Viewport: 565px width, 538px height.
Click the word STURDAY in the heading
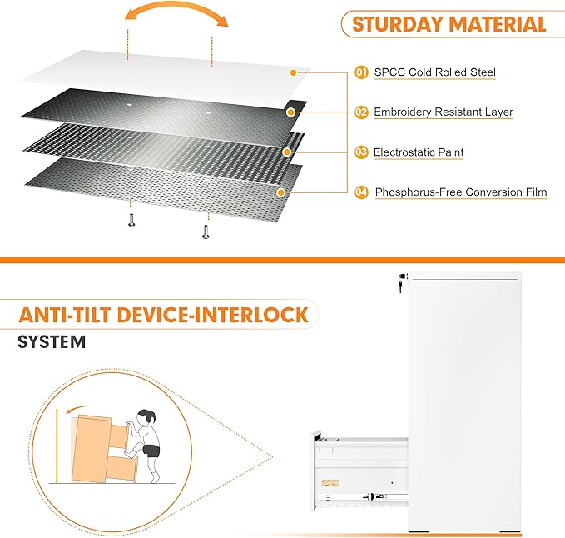click(398, 24)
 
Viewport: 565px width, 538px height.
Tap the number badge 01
click(361, 72)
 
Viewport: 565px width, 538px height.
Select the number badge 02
click(361, 112)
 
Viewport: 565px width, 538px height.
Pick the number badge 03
click(361, 152)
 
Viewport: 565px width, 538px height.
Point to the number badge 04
click(361, 192)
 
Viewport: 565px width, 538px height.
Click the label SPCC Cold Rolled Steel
click(435, 72)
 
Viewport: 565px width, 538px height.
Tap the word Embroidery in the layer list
click(403, 112)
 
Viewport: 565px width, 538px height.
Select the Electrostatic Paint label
click(419, 152)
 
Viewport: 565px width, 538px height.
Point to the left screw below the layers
click(131, 221)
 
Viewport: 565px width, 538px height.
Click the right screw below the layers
click(206, 232)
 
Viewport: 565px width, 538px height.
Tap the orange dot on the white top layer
click(293, 72)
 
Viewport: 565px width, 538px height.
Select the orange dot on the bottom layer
click(281, 192)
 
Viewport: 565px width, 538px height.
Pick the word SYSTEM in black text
click(52, 341)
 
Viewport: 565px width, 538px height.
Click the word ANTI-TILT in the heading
click(65, 315)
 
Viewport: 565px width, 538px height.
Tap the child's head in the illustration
click(147, 417)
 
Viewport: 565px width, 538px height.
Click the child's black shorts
click(151, 451)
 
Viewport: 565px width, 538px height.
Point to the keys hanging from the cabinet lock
click(401, 283)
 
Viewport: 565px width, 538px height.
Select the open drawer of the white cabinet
click(360, 471)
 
